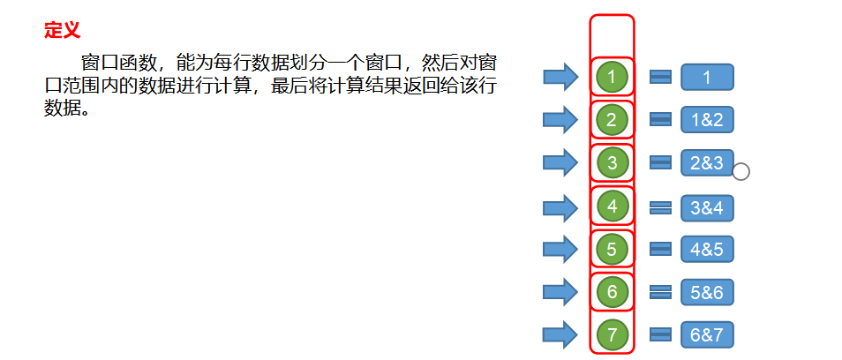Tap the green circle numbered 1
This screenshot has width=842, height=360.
(x=612, y=77)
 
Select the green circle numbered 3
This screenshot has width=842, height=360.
(x=612, y=162)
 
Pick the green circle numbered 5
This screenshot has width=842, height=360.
(x=612, y=249)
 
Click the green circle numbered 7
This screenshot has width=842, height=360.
(x=612, y=334)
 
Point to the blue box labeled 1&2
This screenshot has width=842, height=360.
(x=707, y=120)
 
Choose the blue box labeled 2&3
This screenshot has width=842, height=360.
(x=707, y=163)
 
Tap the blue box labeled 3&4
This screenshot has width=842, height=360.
(x=707, y=207)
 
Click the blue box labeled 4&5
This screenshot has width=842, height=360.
(x=707, y=249)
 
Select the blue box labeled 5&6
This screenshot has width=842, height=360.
(x=707, y=292)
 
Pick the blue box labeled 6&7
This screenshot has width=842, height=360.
(x=707, y=334)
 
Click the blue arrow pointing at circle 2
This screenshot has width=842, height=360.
(x=560, y=120)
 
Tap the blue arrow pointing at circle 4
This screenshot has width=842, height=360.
(x=560, y=207)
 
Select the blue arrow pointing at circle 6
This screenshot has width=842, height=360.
(x=560, y=292)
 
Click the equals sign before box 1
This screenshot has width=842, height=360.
(x=660, y=77)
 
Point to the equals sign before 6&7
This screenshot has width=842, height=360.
(x=660, y=334)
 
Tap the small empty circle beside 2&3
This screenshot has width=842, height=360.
(x=741, y=171)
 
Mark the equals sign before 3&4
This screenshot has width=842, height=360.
(x=660, y=207)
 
